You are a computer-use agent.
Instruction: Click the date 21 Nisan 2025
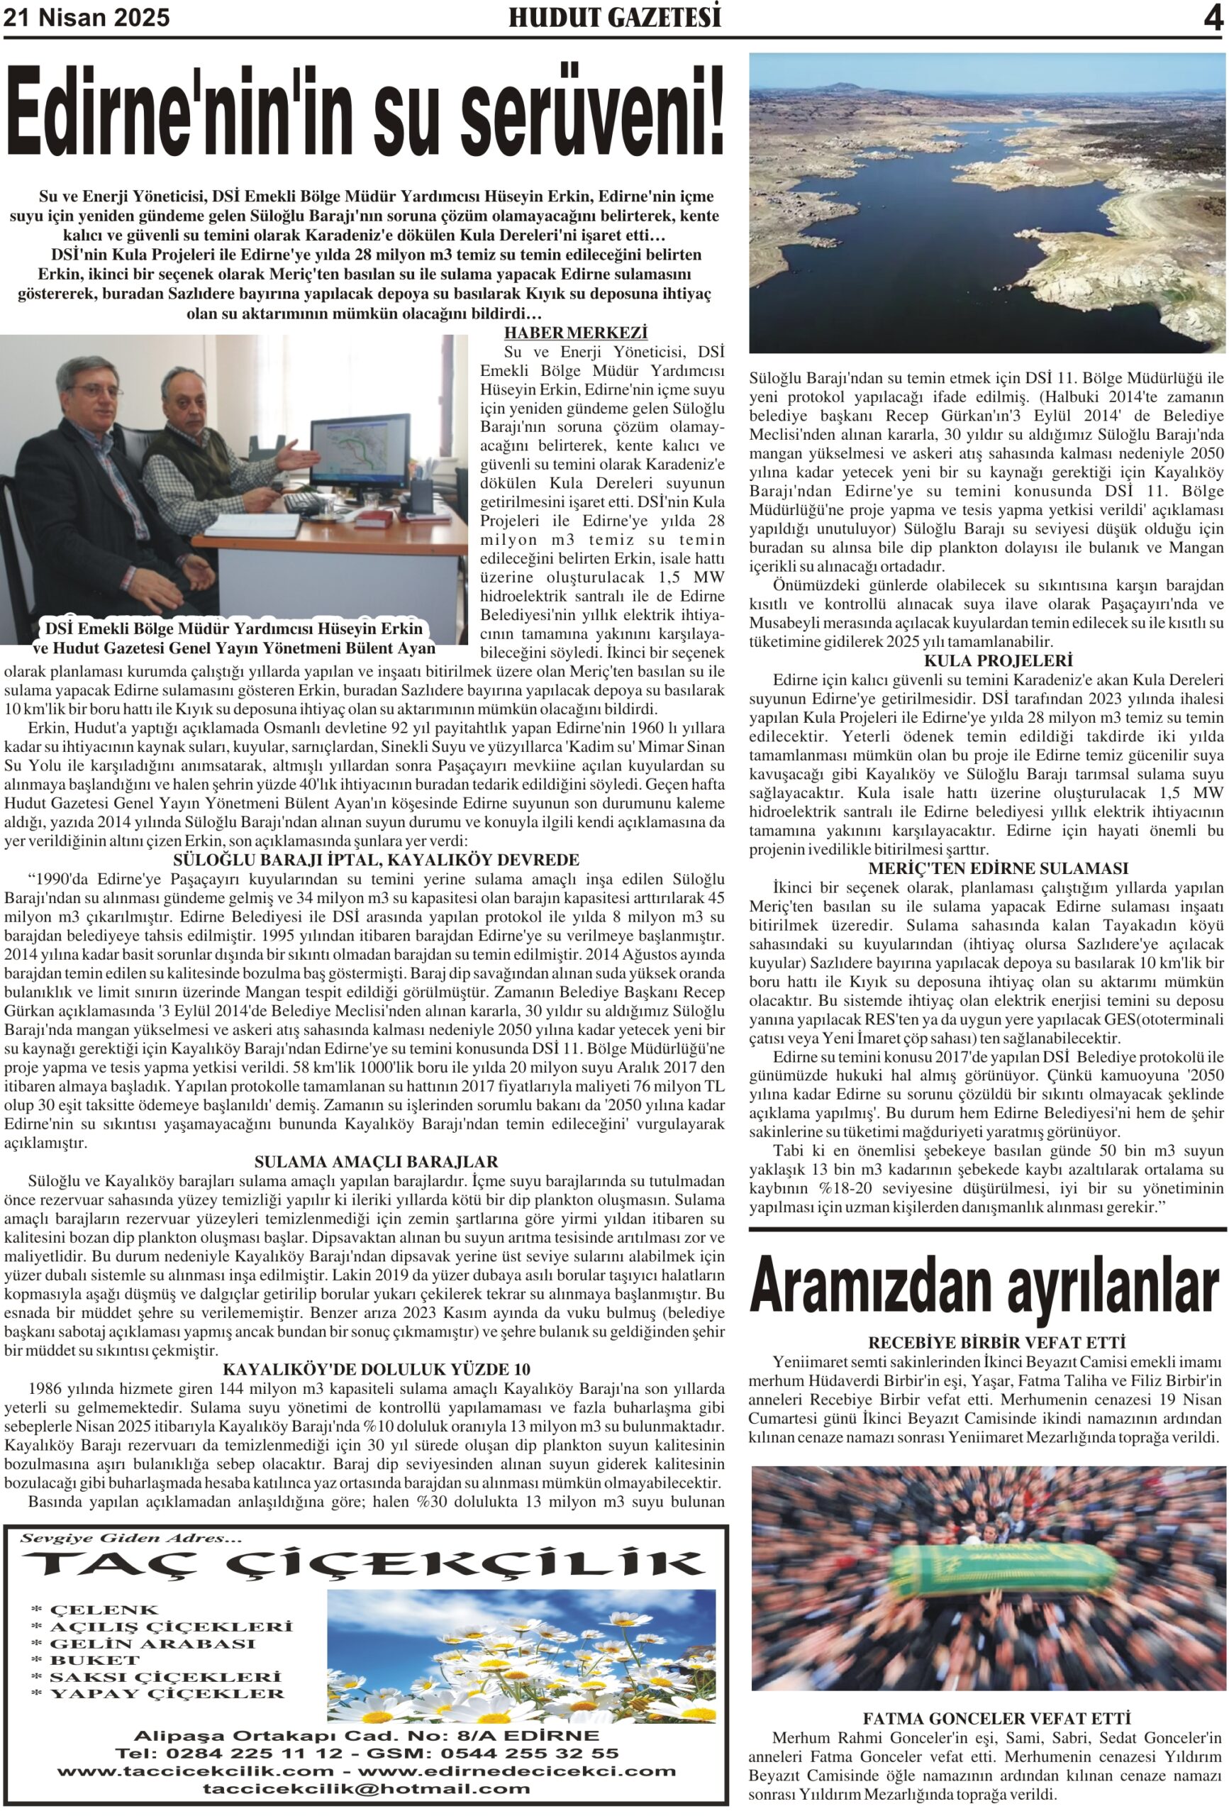(87, 17)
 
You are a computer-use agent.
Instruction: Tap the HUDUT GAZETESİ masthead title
(614, 17)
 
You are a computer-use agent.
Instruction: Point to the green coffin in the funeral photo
(1003, 1572)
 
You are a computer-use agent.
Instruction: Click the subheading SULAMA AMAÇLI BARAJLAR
(376, 1162)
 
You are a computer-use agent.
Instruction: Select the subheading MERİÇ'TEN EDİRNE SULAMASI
(986, 868)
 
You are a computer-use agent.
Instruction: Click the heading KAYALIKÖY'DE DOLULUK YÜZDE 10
(376, 1369)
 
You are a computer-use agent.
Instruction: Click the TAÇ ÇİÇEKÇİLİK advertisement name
(363, 1562)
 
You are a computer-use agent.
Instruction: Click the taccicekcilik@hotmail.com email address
(366, 1788)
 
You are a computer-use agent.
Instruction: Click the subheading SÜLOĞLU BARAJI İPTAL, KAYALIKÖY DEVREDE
(376, 860)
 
